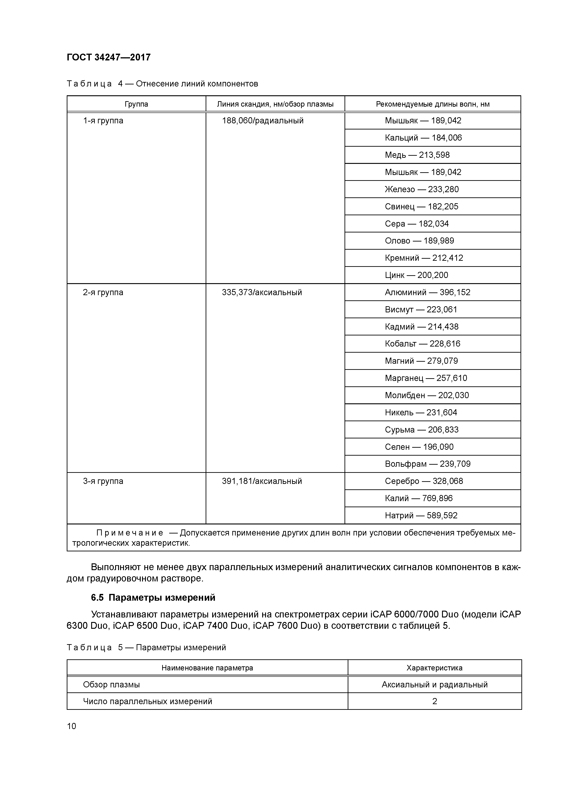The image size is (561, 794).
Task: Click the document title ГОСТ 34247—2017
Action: point(109,57)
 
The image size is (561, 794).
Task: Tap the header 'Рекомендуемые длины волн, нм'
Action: point(433,104)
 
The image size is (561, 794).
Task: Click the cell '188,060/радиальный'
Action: point(263,121)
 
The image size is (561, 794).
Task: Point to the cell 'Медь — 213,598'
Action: point(417,155)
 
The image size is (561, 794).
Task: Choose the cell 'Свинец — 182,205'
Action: point(421,206)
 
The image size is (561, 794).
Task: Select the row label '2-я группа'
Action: point(103,293)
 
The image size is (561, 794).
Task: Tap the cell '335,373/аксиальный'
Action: point(262,293)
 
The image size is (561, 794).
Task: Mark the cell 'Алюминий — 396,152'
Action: point(428,293)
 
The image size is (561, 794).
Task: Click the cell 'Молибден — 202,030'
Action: point(427,395)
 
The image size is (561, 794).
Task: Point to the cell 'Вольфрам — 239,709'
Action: point(428,464)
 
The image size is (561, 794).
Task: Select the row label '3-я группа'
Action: point(103,481)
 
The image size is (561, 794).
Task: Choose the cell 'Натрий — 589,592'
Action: point(421,516)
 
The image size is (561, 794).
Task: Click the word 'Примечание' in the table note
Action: point(130,533)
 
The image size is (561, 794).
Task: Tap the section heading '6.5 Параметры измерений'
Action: point(153,598)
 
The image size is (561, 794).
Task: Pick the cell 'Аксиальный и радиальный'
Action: point(435,685)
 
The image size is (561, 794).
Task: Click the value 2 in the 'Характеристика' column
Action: point(435,701)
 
